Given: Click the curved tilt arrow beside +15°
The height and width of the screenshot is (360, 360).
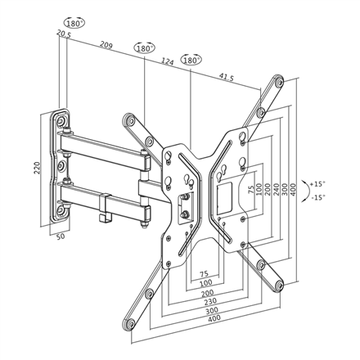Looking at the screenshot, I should pyautogui.click(x=304, y=191).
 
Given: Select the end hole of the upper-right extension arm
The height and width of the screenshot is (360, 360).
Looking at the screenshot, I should pyautogui.click(x=281, y=83).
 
